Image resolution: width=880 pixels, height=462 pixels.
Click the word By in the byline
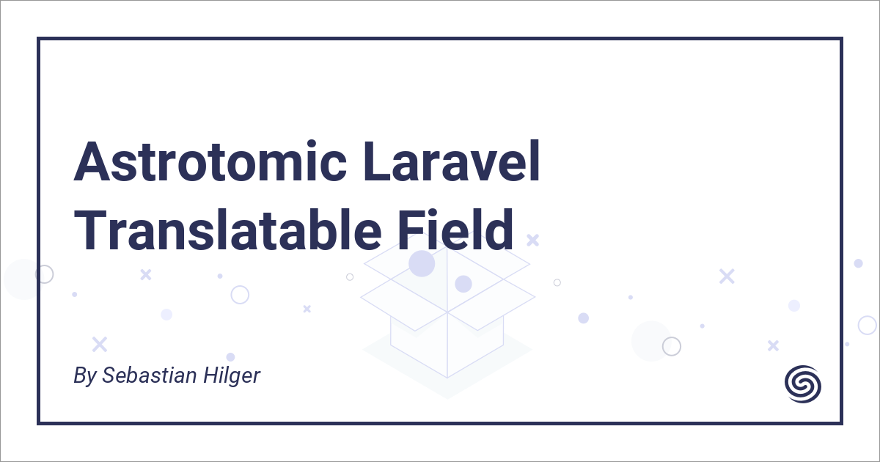(x=85, y=376)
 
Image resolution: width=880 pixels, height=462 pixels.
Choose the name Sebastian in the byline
(x=149, y=375)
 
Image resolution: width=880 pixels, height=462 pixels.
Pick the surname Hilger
(x=230, y=376)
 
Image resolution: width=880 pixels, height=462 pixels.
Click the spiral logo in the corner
(x=803, y=383)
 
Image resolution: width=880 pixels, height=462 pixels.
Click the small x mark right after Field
(x=532, y=239)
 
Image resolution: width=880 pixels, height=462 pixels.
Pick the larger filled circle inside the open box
(x=422, y=263)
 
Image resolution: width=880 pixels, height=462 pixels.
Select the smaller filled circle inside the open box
(x=463, y=284)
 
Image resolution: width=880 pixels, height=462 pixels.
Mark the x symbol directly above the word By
(x=99, y=343)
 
